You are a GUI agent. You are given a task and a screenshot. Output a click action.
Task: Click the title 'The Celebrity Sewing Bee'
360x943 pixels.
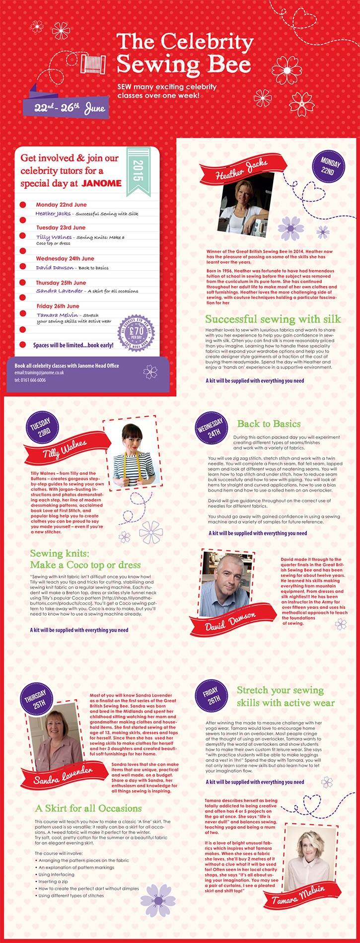pyautogui.click(x=184, y=53)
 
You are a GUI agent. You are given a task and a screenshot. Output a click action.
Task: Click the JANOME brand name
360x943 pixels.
pyautogui.click(x=101, y=183)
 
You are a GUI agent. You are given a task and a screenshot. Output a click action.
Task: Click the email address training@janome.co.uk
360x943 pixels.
pyautogui.click(x=38, y=372)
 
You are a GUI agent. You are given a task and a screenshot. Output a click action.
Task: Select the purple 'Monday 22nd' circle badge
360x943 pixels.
pyautogui.click(x=329, y=167)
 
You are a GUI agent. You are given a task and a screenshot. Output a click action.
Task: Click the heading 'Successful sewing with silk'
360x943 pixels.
pyautogui.click(x=273, y=319)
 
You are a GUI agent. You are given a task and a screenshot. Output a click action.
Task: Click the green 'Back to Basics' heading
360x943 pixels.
pyautogui.click(x=269, y=424)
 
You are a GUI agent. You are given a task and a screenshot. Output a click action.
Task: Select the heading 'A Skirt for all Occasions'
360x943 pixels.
pyautogui.click(x=88, y=808)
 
